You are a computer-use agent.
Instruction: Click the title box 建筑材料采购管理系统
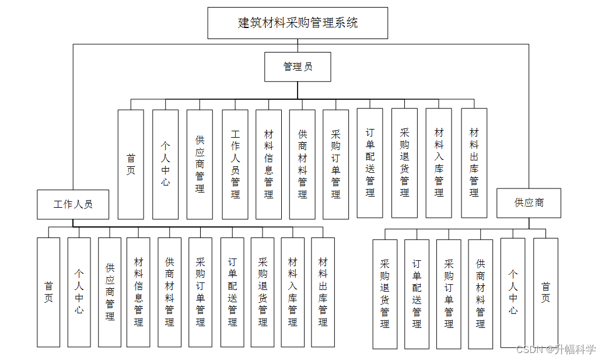click(x=298, y=23)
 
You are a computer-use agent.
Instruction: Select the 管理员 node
click(x=298, y=67)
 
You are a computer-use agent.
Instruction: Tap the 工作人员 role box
click(x=73, y=204)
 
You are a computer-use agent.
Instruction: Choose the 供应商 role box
click(x=529, y=203)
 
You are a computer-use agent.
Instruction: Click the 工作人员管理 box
click(x=235, y=164)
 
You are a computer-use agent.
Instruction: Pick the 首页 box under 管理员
click(x=131, y=164)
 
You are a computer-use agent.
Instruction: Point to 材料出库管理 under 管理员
click(x=474, y=163)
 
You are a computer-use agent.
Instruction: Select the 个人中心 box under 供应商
click(x=513, y=292)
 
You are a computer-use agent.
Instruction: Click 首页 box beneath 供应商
click(x=545, y=292)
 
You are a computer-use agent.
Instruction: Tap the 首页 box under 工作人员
click(x=48, y=292)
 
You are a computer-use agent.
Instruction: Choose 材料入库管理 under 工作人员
click(x=292, y=292)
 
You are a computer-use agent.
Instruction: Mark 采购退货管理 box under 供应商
click(x=385, y=294)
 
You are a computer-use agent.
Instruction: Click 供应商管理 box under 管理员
click(x=200, y=164)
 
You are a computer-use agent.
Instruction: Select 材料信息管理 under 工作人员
click(x=138, y=292)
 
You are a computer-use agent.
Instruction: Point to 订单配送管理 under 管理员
click(x=370, y=163)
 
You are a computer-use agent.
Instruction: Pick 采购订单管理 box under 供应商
click(x=449, y=294)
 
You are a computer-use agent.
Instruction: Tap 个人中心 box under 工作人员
click(x=79, y=292)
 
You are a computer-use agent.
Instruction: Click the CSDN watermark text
click(x=556, y=349)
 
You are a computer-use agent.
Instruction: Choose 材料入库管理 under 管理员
click(x=439, y=163)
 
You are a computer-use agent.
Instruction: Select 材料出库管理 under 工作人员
click(x=323, y=292)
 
